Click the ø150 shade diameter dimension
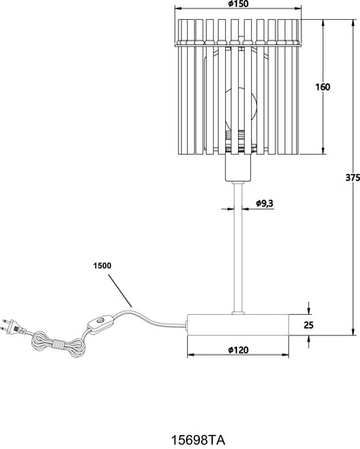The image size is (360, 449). point(238,3)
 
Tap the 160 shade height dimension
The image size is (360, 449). point(323,87)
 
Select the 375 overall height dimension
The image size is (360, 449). point(353,177)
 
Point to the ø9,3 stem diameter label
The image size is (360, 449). point(265,203)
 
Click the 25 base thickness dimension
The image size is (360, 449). point(308,325)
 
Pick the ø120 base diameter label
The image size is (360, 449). point(238,350)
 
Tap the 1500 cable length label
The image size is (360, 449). point(102,266)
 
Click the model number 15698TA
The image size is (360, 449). point(198,440)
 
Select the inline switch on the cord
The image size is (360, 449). point(100,324)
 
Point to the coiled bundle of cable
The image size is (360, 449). point(58,344)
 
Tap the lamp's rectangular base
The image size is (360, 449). point(238,324)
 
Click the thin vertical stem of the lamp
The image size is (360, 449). point(238,247)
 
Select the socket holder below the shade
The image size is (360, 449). point(238,168)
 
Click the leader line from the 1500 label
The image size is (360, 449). point(120,291)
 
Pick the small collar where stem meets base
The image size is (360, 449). point(238,312)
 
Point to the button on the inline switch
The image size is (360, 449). point(100,320)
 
